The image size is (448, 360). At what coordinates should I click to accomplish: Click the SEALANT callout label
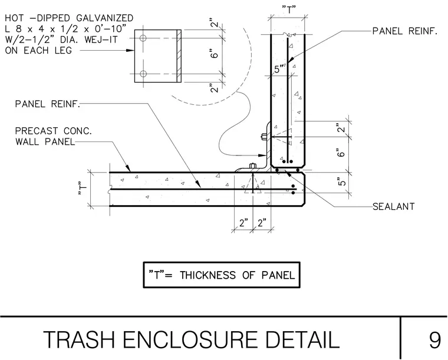393,206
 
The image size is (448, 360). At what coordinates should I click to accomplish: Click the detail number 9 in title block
435,340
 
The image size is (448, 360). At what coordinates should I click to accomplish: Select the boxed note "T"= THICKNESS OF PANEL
222,275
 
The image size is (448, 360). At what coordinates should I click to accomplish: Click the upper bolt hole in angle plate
143,38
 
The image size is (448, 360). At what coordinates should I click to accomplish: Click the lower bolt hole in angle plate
143,74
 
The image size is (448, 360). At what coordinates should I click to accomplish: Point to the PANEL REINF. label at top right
405,31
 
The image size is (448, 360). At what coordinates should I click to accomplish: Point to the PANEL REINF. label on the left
47,104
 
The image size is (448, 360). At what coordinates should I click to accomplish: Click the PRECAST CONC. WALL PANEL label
54,136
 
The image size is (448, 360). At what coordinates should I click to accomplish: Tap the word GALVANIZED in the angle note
105,18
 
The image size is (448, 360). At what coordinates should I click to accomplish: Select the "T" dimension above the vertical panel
289,10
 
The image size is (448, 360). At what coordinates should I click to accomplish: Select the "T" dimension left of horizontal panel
82,189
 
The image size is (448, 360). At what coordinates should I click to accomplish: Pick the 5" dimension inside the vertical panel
279,69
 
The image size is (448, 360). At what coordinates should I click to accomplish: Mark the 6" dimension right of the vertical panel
341,153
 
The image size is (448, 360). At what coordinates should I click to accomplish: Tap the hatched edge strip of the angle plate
179,56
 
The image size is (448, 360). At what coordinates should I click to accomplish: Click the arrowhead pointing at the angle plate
130,51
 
